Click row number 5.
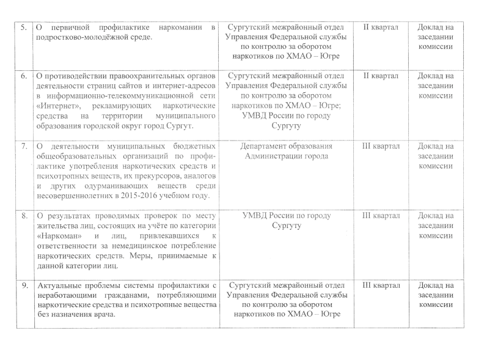click(x=23, y=28)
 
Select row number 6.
click(x=23, y=76)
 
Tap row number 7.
click(x=23, y=147)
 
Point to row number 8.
click(x=23, y=216)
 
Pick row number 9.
click(x=23, y=285)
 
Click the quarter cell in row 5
click(x=381, y=28)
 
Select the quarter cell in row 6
click(x=381, y=76)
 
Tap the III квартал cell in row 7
click(x=381, y=147)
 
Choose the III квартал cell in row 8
click(x=381, y=216)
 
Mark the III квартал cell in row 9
click(x=381, y=285)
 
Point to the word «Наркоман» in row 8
click(x=57, y=237)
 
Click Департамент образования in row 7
click(x=287, y=147)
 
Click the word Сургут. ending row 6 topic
click(x=178, y=127)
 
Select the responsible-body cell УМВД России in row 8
click(x=287, y=221)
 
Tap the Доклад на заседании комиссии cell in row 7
click(x=436, y=156)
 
